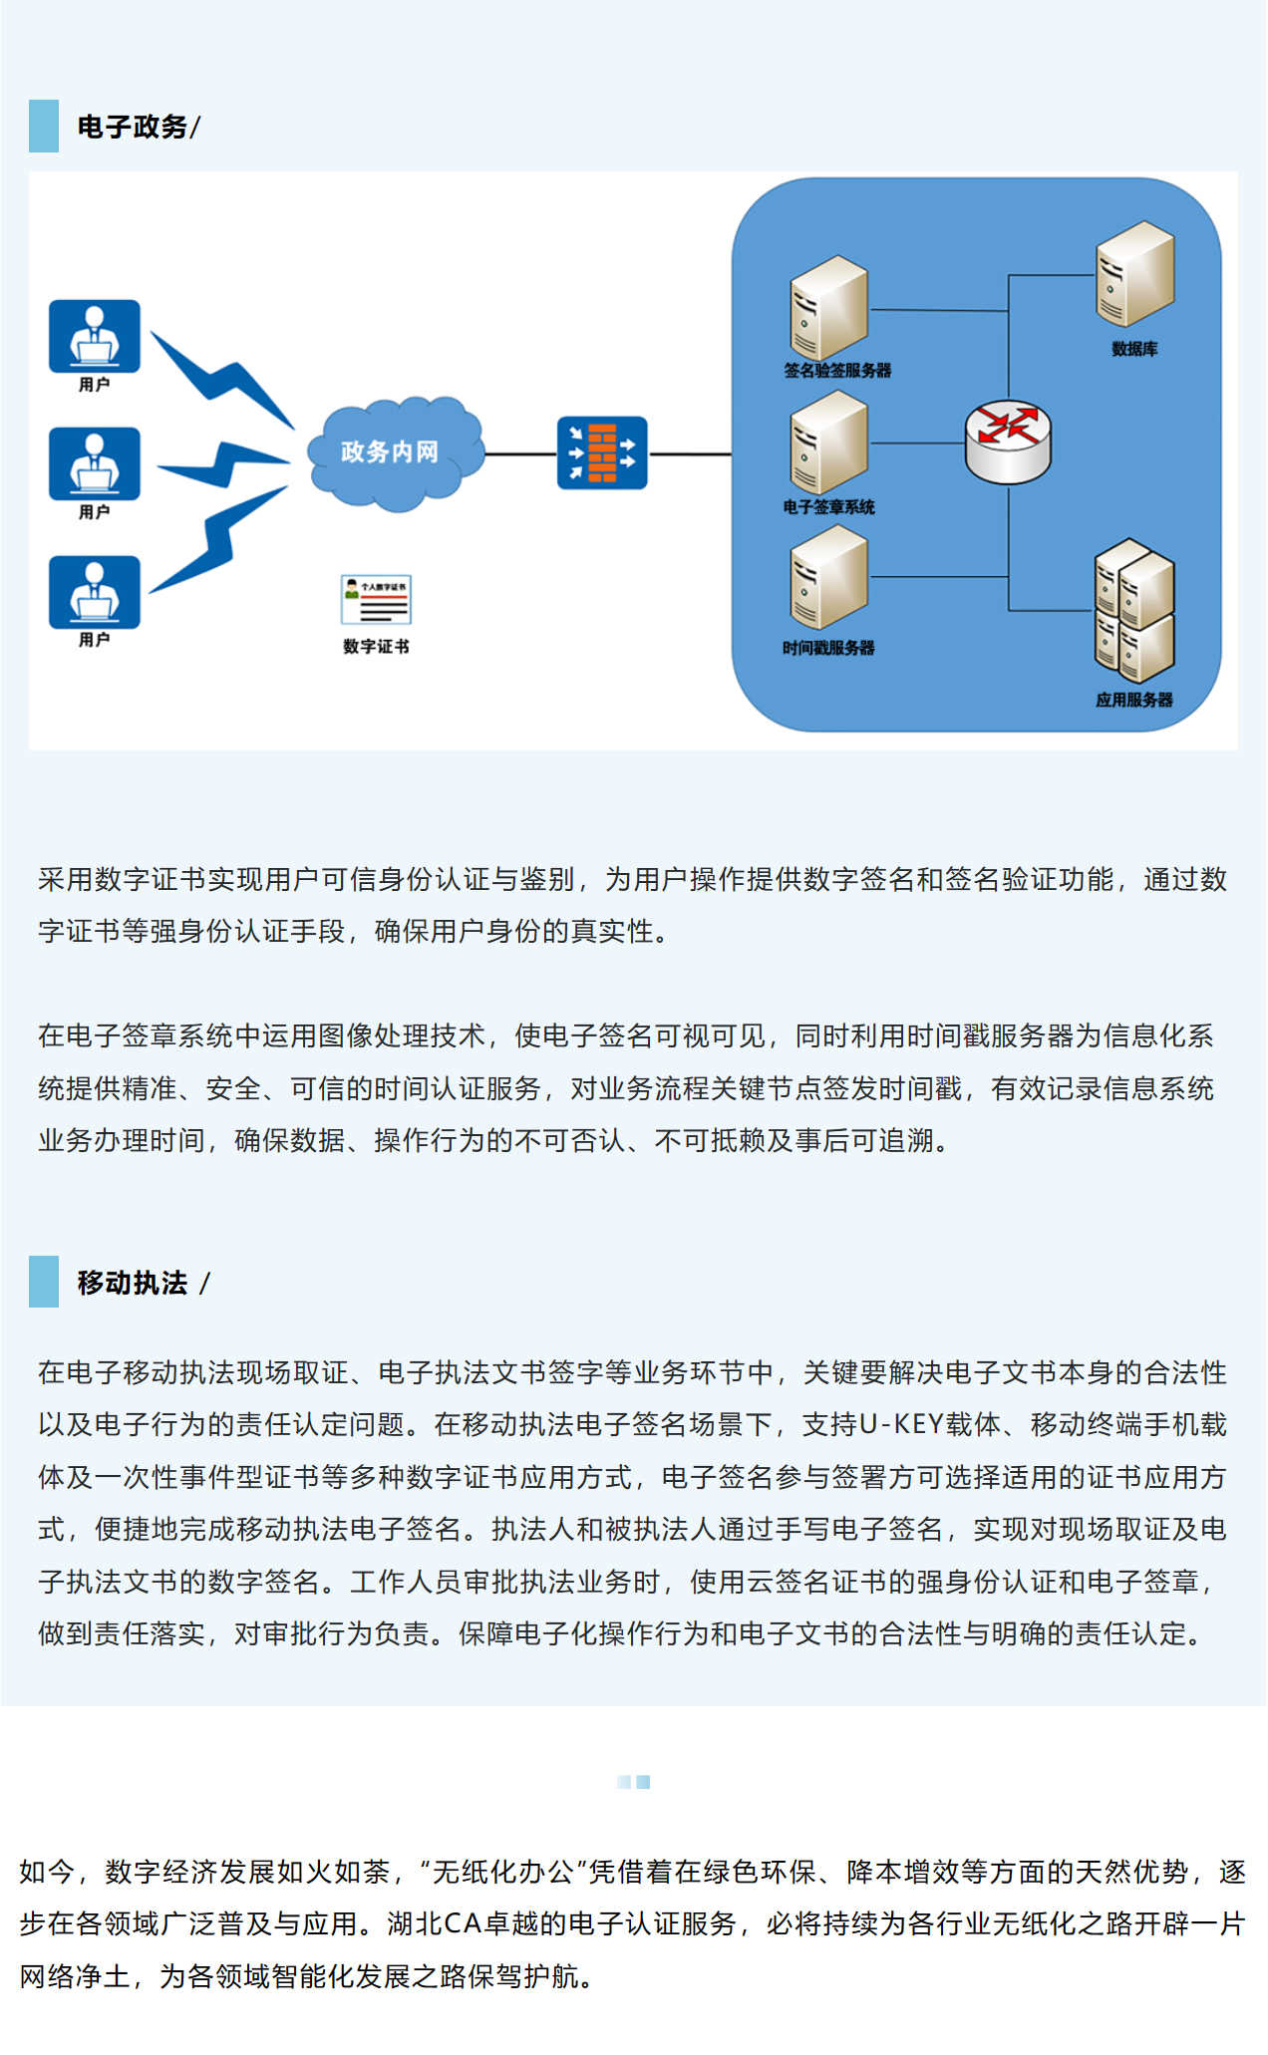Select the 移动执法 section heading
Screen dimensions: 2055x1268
click(133, 1283)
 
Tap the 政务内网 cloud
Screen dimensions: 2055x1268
click(391, 452)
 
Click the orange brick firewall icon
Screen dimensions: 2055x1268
click(602, 452)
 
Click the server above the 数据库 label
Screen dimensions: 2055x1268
click(1134, 274)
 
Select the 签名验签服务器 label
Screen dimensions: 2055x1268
click(837, 371)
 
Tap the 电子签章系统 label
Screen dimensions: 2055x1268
click(828, 507)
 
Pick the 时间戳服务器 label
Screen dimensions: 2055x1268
click(828, 648)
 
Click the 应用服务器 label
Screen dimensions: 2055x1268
click(1133, 700)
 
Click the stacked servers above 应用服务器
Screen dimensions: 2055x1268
click(1133, 610)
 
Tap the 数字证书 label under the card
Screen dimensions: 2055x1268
click(376, 647)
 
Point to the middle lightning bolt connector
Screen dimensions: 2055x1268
click(223, 462)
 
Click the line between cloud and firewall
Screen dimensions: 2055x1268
click(519, 454)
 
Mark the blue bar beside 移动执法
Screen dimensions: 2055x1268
click(44, 1282)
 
